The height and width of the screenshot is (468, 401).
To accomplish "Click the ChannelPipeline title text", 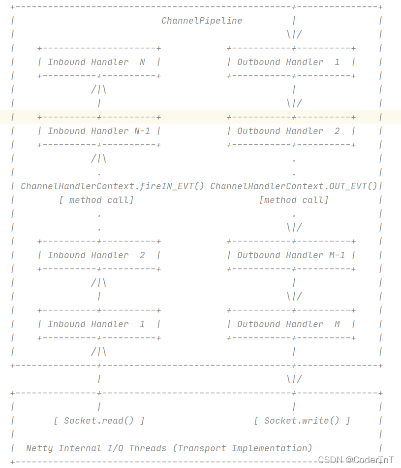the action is (x=202, y=21).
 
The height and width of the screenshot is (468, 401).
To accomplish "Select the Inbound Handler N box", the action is (x=99, y=62).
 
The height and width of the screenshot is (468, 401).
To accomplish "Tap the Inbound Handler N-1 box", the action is (x=99, y=131).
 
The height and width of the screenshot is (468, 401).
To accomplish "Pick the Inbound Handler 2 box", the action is (x=99, y=255).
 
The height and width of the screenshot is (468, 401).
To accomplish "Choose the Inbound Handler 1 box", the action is (x=99, y=324).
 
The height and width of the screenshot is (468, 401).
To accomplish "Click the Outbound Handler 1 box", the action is (x=291, y=62).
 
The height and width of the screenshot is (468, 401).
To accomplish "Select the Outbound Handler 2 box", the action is (x=291, y=131).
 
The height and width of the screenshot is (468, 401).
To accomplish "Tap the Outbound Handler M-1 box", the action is (x=291, y=255).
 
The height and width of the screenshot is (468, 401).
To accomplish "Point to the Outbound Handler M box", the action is (x=291, y=324).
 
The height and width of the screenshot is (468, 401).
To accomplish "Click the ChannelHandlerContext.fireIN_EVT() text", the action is (x=112, y=186).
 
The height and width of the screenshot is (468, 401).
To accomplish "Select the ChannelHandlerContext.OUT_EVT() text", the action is (x=294, y=186).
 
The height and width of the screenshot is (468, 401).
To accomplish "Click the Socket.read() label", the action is (x=99, y=421).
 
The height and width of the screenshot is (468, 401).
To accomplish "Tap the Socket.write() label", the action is (x=302, y=421).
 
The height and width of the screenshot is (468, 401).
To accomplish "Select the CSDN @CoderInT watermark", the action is (x=355, y=460).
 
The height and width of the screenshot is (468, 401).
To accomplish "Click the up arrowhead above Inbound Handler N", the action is (x=99, y=90).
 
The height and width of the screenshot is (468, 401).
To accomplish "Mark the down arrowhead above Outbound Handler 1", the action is (x=294, y=34).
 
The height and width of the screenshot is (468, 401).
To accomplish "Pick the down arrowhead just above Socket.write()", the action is (x=294, y=379).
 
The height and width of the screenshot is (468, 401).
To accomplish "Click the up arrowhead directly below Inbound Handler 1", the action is (x=99, y=352).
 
